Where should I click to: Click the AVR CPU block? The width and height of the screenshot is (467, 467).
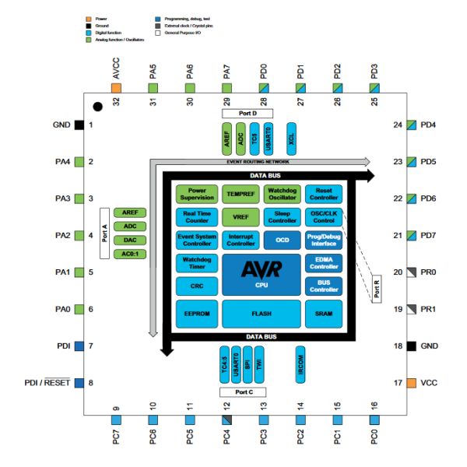pyautogui.click(x=261, y=274)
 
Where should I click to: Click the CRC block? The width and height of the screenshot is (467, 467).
pyautogui.click(x=197, y=286)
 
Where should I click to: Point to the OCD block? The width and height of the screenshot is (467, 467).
pyautogui.click(x=282, y=241)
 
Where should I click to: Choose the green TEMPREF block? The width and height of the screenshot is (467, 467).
pyautogui.click(x=240, y=192)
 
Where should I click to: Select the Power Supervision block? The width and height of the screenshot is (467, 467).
pyautogui.click(x=197, y=192)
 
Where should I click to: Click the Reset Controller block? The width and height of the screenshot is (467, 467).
pyautogui.click(x=324, y=192)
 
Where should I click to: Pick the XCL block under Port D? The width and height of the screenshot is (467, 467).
pyautogui.click(x=291, y=135)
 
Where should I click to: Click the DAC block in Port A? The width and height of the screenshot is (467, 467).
pyautogui.click(x=130, y=240)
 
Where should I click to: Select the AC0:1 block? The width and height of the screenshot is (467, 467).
pyautogui.click(x=130, y=254)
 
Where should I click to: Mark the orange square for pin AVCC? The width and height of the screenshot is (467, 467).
pyautogui.click(x=116, y=90)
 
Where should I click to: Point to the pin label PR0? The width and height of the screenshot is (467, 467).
pyautogui.click(x=428, y=272)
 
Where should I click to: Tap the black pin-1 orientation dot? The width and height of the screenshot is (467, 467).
pyautogui.click(x=97, y=106)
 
